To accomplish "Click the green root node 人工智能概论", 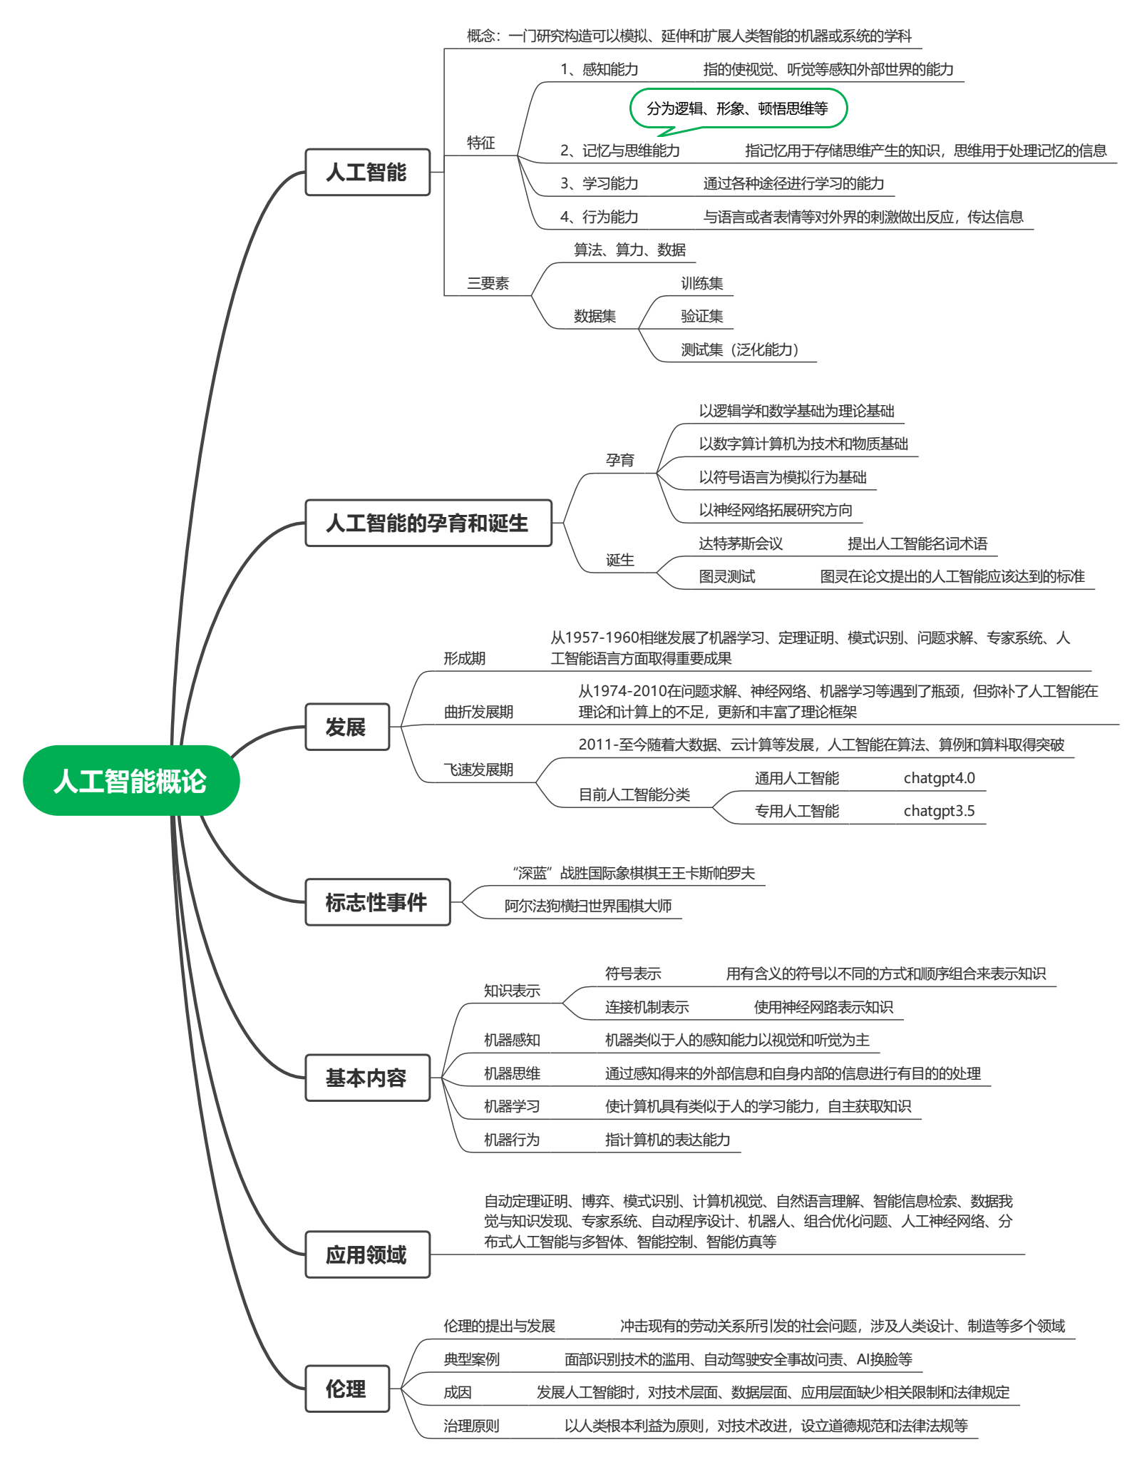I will tap(131, 781).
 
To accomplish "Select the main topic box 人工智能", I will tap(367, 172).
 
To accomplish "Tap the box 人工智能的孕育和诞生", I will tap(428, 523).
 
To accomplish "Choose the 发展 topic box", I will tap(347, 727).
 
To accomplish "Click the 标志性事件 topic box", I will tap(377, 902).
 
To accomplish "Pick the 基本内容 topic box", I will tap(367, 1078).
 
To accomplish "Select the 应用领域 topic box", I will tap(367, 1254).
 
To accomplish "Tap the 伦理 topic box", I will tap(347, 1389).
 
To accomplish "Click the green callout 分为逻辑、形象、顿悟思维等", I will tap(738, 108).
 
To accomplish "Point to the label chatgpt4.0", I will tap(939, 778).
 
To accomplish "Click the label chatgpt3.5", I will tap(939, 811).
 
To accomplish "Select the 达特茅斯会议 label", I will tap(741, 544).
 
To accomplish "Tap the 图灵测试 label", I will tap(726, 576).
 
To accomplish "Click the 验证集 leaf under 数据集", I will tap(701, 316).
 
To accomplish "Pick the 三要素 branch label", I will tap(488, 283).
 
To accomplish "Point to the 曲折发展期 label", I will tap(478, 712).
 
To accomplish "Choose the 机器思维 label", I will tap(512, 1073).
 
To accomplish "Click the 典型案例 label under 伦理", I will tap(471, 1359).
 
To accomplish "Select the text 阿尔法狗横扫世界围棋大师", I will tap(588, 906).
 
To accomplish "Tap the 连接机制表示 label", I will tap(647, 1007).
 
